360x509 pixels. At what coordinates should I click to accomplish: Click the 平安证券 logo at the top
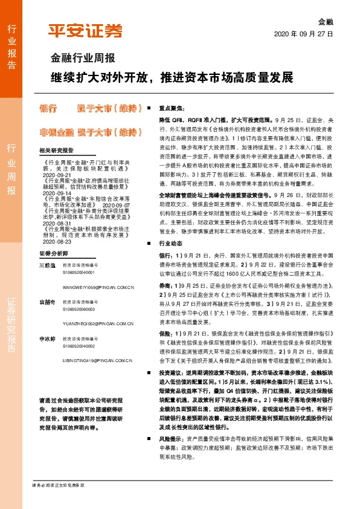coord(85,31)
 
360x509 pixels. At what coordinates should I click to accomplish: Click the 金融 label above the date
coord(325,20)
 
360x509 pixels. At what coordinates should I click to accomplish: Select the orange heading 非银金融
coord(56,132)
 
